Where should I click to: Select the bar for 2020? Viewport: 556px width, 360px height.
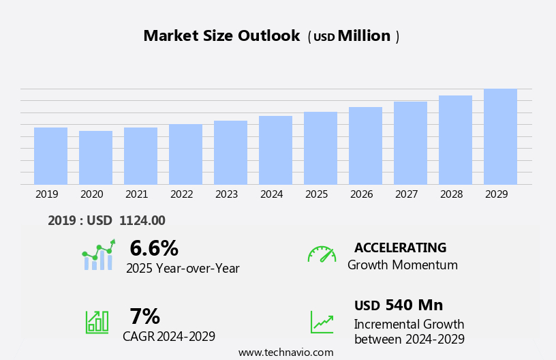pyautogui.click(x=95, y=157)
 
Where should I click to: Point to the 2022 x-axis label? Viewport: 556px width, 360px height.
pyautogui.click(x=181, y=194)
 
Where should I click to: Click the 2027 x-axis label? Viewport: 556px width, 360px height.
pyautogui.click(x=406, y=194)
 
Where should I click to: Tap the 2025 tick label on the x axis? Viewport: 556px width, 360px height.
pyautogui.click(x=316, y=194)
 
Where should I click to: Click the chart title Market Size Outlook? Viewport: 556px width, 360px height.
pyautogui.click(x=221, y=36)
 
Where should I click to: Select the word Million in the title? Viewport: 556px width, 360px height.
pyautogui.click(x=364, y=36)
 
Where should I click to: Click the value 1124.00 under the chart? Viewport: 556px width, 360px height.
pyautogui.click(x=142, y=220)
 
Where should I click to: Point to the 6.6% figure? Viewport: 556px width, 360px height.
pyautogui.click(x=154, y=248)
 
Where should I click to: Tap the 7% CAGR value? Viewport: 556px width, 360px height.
pyautogui.click(x=144, y=316)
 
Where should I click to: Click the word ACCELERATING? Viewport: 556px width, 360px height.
pyautogui.click(x=400, y=247)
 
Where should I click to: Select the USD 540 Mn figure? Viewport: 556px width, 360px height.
pyautogui.click(x=399, y=305)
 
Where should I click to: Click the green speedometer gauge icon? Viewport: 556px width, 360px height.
pyautogui.click(x=322, y=254)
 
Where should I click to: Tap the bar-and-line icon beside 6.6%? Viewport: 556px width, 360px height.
pyautogui.click(x=98, y=256)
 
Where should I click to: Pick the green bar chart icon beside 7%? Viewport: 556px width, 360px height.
pyautogui.click(x=97, y=321)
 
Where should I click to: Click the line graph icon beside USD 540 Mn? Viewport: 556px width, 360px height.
pyautogui.click(x=322, y=322)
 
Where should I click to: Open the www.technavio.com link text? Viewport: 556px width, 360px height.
pyautogui.click(x=285, y=352)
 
